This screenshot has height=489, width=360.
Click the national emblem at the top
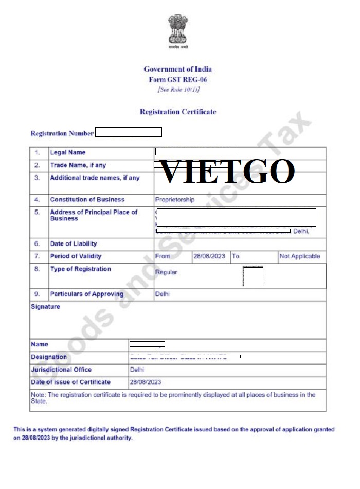[177, 31]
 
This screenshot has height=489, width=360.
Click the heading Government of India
[177, 69]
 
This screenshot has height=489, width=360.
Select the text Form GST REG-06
[177, 80]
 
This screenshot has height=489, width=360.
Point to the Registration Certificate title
[178, 112]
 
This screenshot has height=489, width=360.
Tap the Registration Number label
[62, 133]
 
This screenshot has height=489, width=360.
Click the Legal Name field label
[68, 152]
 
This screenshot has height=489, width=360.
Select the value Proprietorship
[175, 199]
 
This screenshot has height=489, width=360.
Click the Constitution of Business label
[87, 199]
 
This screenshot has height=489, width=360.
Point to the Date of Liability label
[73, 243]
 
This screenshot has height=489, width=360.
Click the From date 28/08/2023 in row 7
[209, 256]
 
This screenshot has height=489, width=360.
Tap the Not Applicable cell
[299, 256]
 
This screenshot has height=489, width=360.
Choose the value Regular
[166, 272]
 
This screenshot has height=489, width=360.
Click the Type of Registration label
[80, 269]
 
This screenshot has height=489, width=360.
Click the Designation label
[49, 357]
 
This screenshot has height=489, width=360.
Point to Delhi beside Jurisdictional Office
[137, 370]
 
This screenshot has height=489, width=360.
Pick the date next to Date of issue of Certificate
[146, 382]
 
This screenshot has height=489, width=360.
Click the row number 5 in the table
[37, 212]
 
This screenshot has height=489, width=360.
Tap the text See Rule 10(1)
[178, 90]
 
